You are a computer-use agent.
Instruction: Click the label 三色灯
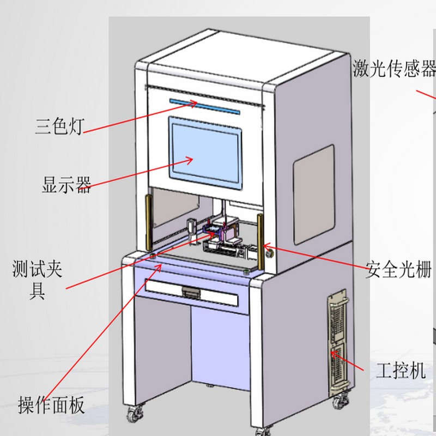(x=59, y=127)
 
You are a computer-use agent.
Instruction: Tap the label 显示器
(x=66, y=185)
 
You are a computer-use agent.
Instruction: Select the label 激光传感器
(x=394, y=69)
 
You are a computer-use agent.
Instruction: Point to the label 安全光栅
(x=399, y=269)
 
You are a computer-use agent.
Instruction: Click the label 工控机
(x=401, y=371)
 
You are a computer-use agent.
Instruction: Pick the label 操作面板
(x=51, y=405)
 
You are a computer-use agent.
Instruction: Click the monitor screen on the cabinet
(x=206, y=152)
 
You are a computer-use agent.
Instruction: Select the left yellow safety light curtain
(x=148, y=223)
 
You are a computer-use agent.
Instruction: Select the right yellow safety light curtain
(x=261, y=241)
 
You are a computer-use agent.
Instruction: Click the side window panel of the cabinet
(x=313, y=194)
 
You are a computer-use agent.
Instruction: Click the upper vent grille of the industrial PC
(x=336, y=319)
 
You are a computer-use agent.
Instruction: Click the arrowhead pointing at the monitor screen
(x=190, y=160)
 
